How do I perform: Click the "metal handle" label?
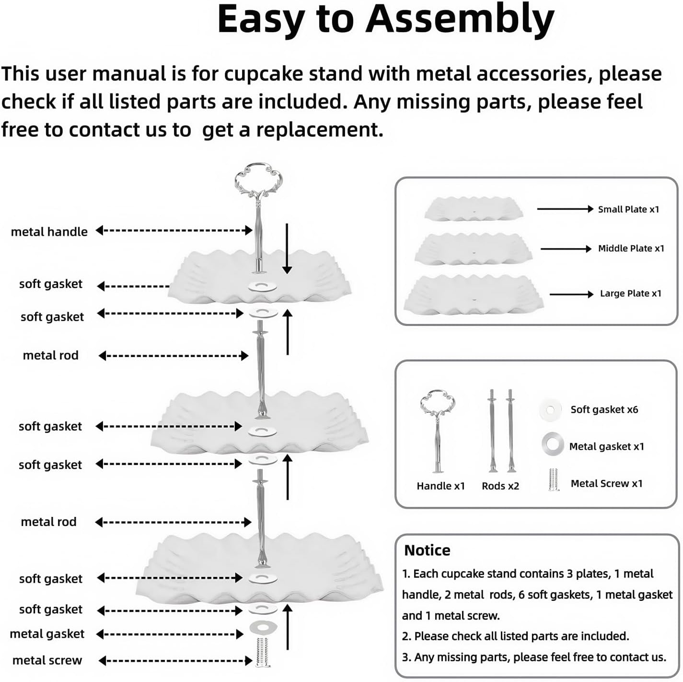tap(49, 232)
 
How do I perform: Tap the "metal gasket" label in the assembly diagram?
tap(47, 634)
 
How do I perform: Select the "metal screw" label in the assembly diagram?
tap(47, 660)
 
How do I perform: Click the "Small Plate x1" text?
tap(628, 209)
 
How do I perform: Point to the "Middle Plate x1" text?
tap(631, 249)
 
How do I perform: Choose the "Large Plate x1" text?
tap(631, 294)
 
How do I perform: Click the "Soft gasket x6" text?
tap(604, 410)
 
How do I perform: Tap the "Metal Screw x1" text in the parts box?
tap(606, 483)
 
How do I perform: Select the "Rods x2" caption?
tap(500, 486)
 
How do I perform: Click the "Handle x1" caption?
tap(440, 486)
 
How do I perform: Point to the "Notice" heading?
tap(427, 550)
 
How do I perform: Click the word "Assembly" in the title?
tap(460, 20)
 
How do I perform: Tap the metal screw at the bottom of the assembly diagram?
tap(262, 653)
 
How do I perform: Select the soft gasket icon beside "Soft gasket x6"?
tap(550, 410)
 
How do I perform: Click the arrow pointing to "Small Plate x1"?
tap(565, 209)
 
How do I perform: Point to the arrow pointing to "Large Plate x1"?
tap(571, 294)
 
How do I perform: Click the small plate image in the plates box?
tap(474, 208)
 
